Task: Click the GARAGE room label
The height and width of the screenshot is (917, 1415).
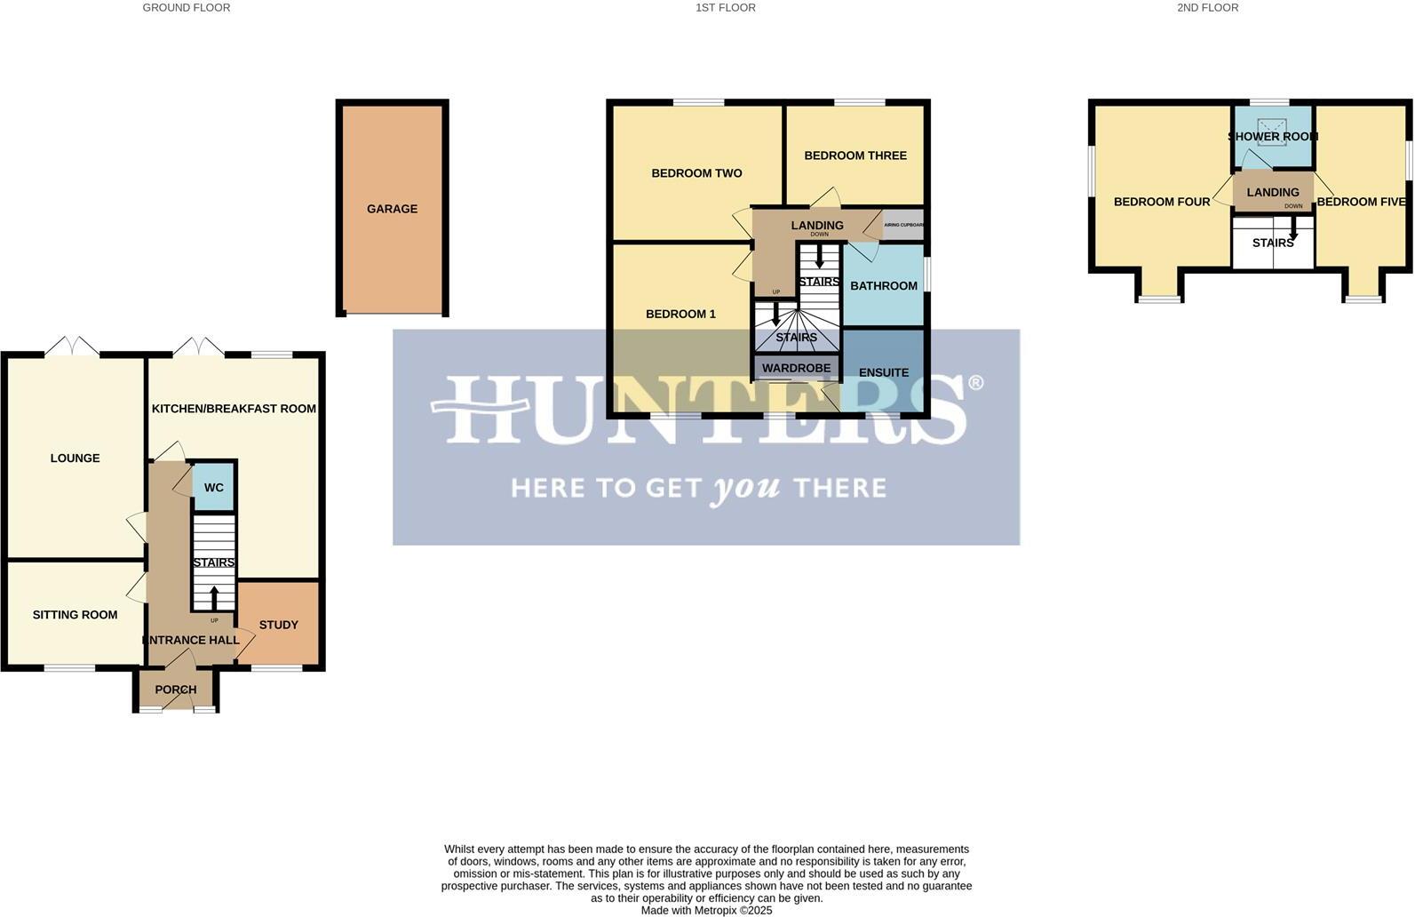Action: (392, 209)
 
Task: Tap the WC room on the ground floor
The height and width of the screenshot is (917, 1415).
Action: (214, 487)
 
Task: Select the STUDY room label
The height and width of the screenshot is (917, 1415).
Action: (278, 625)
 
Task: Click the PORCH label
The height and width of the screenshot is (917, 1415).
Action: (175, 690)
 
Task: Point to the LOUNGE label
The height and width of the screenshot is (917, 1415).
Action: (75, 458)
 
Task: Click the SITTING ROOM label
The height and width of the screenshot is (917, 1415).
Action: (75, 615)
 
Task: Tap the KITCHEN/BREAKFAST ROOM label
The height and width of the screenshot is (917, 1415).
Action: (234, 409)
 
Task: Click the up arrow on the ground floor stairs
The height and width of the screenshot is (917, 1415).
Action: (214, 597)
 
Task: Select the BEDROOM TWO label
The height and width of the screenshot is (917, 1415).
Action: (696, 173)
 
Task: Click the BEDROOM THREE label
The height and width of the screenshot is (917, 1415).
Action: (855, 155)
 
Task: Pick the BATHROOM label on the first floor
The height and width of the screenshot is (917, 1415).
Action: (883, 285)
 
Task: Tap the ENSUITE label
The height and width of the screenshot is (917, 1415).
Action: (883, 372)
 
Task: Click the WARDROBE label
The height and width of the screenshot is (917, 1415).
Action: (796, 368)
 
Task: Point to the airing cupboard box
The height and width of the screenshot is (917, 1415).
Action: (903, 225)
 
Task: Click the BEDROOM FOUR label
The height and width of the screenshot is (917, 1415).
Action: (1162, 202)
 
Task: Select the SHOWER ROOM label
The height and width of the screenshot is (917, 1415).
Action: (1272, 137)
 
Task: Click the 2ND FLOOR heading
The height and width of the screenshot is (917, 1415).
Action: (1207, 7)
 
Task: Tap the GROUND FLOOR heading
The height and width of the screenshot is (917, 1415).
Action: (186, 7)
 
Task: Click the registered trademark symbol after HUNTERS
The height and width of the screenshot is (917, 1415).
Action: (975, 383)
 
